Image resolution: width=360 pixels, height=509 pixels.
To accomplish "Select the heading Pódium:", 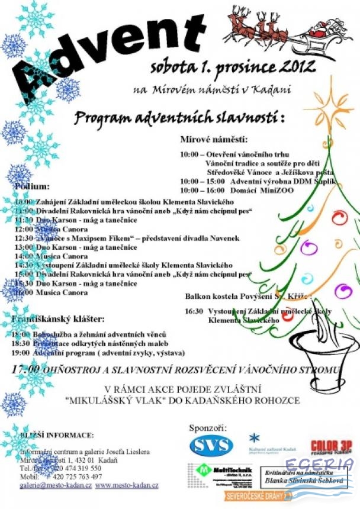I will coord(32,186).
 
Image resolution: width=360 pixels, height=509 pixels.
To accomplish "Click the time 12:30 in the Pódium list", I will coord(24,238).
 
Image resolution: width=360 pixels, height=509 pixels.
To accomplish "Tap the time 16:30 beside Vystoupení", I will coord(194,311).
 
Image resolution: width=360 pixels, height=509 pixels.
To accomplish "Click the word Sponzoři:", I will coord(207,427).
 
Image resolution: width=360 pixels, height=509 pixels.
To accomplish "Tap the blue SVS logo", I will coord(211,446).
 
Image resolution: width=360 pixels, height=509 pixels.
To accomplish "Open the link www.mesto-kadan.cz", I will coord(127,485).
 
